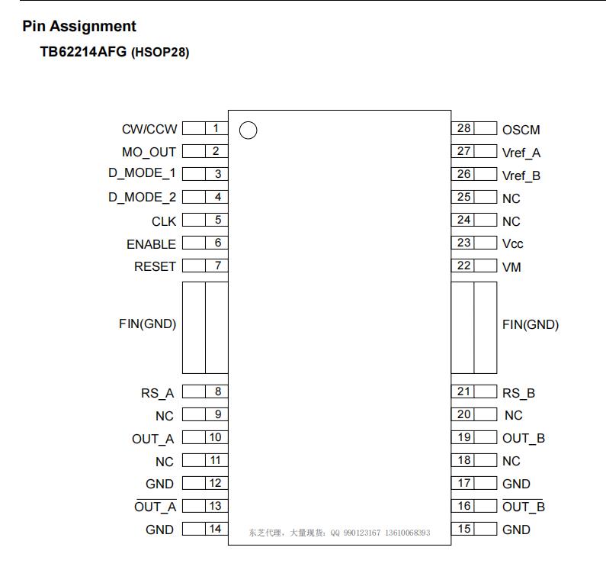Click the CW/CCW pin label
click(149, 129)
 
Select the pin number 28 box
click(463, 128)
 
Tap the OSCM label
click(521, 130)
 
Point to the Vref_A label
click(521, 153)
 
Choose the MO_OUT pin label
click(149, 152)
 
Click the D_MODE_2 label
click(142, 198)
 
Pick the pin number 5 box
click(216, 220)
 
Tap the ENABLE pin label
click(151, 244)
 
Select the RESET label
click(155, 266)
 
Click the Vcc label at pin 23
click(512, 243)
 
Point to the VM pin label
click(511, 267)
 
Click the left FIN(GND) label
click(147, 324)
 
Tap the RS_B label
click(518, 393)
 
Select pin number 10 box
click(216, 437)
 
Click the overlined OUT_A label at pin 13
click(155, 506)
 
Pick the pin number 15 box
click(463, 529)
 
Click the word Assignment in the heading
click(93, 26)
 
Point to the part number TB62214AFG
click(83, 52)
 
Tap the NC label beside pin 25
click(511, 198)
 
